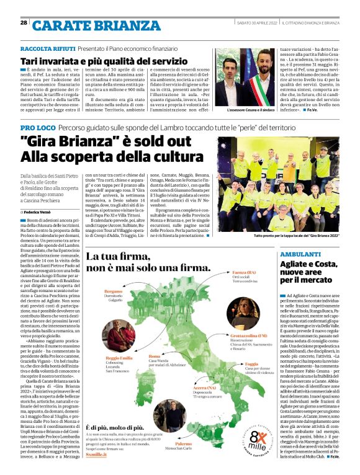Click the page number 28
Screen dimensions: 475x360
point(24,22)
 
